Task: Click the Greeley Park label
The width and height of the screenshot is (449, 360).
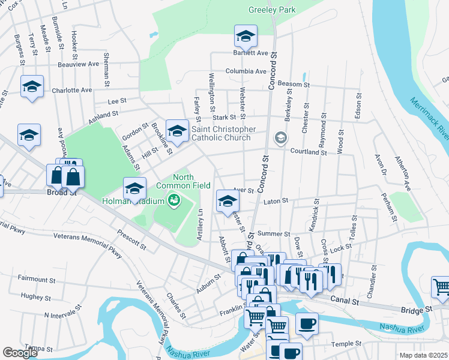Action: pyautogui.click(x=272, y=10)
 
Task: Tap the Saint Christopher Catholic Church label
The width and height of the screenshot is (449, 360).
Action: pyautogui.click(x=224, y=134)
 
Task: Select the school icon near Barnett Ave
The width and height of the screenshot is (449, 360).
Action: pyautogui.click(x=245, y=37)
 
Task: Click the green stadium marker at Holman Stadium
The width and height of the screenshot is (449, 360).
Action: pyautogui.click(x=174, y=200)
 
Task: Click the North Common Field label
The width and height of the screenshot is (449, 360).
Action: pyautogui.click(x=191, y=182)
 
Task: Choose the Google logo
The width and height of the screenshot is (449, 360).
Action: pyautogui.click(x=20, y=352)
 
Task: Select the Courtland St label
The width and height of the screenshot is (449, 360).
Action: pyautogui.click(x=308, y=152)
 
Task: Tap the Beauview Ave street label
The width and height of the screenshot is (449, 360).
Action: pyautogui.click(x=78, y=64)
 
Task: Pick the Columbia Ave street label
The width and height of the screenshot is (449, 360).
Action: pyautogui.click(x=246, y=71)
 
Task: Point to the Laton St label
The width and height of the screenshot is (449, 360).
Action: pyautogui.click(x=276, y=201)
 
